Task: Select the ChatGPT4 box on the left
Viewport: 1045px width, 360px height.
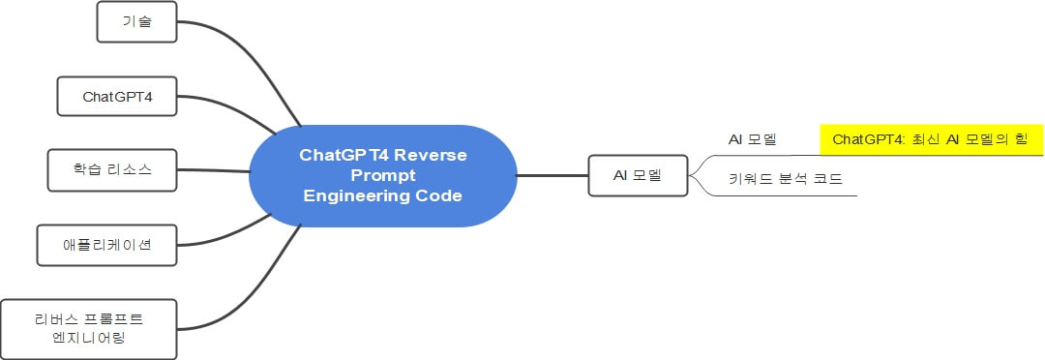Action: tap(118, 97)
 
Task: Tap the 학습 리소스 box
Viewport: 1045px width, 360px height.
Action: tap(114, 170)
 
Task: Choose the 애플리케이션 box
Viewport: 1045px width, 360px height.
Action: tap(107, 245)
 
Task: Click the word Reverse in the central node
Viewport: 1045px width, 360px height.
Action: tap(431, 155)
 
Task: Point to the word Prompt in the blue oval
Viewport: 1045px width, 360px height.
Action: tap(382, 175)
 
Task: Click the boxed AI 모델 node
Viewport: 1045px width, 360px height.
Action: tap(639, 176)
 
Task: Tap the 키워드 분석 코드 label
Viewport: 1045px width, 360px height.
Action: tap(785, 180)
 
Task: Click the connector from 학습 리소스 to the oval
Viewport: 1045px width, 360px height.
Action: tap(213, 170)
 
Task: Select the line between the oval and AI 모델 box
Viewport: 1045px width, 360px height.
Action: tap(552, 176)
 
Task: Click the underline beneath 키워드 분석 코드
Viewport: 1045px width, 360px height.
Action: tap(793, 195)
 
